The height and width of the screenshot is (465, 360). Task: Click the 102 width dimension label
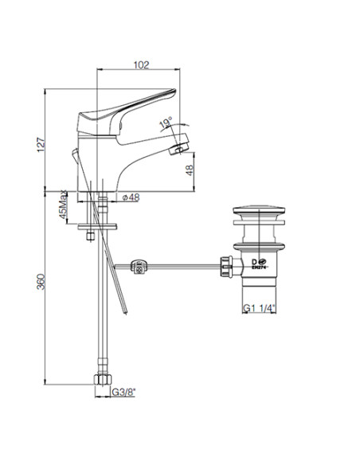[x=141, y=64]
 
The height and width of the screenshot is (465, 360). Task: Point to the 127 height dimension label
[x=41, y=145]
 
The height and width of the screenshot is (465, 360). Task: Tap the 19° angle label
[x=166, y=123]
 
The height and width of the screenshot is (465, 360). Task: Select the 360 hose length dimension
[x=41, y=282]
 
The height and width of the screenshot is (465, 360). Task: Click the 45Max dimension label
[x=63, y=205]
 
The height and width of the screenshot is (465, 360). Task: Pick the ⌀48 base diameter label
[x=131, y=197]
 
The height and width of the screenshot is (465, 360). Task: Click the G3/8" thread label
[x=123, y=392]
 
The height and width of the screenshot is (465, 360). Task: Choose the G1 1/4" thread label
[x=259, y=308]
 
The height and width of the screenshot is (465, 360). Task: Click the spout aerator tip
[x=179, y=149]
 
